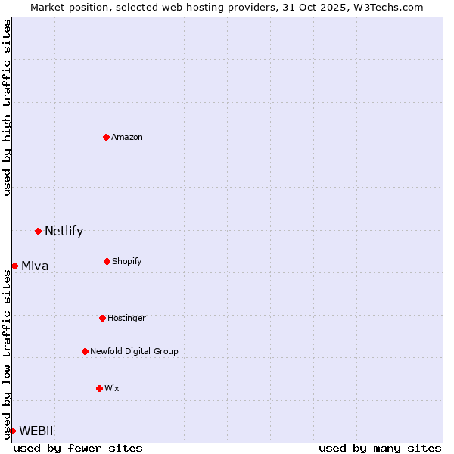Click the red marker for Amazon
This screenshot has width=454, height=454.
106,137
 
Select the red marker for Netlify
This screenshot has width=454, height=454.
38,231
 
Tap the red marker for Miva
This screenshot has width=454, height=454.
14,266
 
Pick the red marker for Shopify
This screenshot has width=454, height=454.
107,261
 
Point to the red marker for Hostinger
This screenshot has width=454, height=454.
102,318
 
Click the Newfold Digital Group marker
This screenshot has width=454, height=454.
85,351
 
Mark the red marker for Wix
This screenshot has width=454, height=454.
99,388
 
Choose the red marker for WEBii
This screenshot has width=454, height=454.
12,431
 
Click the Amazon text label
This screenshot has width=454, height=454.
127,137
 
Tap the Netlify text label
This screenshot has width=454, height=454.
64,232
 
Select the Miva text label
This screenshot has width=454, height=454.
35,266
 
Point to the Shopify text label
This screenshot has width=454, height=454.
127,261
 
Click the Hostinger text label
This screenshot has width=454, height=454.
126,318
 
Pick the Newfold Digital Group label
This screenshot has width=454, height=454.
134,351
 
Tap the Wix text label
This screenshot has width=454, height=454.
112,388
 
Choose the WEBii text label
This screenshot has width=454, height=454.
36,431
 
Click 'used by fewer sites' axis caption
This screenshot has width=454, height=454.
78,448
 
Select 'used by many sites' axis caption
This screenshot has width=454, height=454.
380,448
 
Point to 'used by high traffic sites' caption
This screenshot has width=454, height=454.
7,107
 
